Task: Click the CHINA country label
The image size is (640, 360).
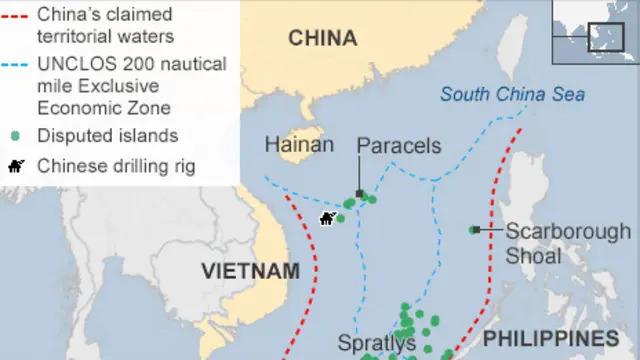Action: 322,38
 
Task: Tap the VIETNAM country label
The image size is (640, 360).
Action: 250,271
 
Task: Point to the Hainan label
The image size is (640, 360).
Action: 299,146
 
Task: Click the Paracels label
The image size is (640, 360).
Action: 399,146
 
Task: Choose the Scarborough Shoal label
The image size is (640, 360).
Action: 567,242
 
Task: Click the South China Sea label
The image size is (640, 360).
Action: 512,95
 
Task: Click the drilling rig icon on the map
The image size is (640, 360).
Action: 326,218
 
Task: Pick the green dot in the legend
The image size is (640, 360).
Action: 15,136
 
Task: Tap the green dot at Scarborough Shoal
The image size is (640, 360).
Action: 474,230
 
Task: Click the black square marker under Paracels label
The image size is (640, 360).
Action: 358,194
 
